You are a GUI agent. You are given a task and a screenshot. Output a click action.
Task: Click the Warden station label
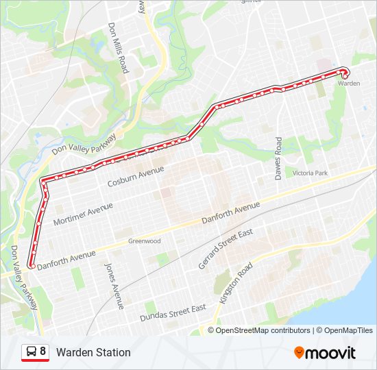(x=349, y=84)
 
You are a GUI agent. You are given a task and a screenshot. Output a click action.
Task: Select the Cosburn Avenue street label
(x=136, y=177)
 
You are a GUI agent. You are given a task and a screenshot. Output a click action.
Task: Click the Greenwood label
(x=144, y=241)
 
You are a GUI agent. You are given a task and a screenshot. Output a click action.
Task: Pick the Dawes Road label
(x=278, y=158)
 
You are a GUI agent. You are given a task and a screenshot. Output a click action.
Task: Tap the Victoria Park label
(x=310, y=173)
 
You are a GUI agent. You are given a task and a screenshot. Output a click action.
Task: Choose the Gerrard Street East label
(x=226, y=249)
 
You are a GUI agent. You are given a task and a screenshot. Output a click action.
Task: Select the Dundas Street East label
(x=173, y=313)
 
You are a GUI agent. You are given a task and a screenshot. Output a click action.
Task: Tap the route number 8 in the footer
(x=43, y=352)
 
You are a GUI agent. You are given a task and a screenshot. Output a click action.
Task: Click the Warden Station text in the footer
(x=93, y=353)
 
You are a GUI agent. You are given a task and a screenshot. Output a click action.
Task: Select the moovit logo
(x=325, y=353)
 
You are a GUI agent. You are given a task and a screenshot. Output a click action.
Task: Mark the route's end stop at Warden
(x=345, y=72)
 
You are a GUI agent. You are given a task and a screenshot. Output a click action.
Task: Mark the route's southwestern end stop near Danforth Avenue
(x=31, y=265)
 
